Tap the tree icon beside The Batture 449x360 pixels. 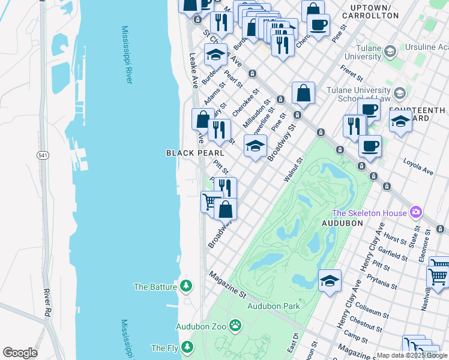(186, 286)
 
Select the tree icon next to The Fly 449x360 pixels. (187, 347)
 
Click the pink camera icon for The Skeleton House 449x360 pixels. (415, 212)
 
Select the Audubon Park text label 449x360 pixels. (273, 306)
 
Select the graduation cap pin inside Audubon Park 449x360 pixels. (330, 280)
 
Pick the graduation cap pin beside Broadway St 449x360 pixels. (255, 145)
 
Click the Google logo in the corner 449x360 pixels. (20, 353)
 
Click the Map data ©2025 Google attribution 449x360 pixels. (412, 355)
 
